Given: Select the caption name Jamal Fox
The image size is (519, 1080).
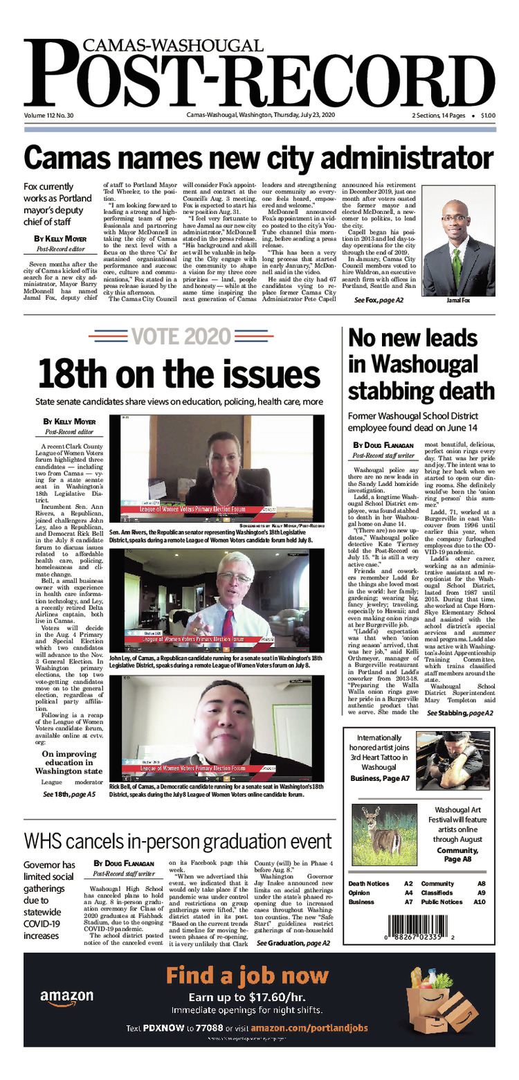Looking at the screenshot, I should [456, 302].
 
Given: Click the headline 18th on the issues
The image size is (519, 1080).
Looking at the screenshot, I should [179, 374].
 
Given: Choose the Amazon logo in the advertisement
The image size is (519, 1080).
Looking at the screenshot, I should [66, 997].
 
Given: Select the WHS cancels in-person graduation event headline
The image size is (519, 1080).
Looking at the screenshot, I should [178, 841].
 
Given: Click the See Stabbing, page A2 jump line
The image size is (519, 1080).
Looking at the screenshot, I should [459, 713].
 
